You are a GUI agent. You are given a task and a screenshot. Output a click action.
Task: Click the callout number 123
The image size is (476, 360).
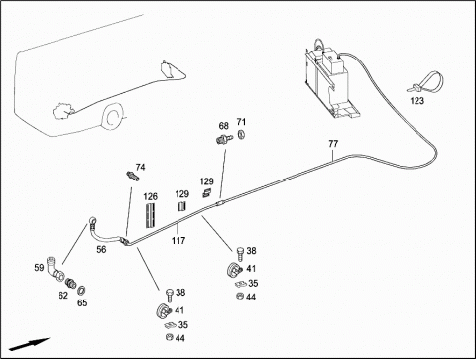pos(416,101)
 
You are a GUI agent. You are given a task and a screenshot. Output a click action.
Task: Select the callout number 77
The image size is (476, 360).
pos(333,144)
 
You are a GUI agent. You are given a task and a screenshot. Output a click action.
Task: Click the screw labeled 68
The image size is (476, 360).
pos(224,139)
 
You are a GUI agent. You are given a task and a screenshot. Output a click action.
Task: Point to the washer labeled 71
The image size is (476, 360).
pos(241,135)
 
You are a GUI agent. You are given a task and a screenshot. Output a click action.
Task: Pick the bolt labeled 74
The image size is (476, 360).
pos(132,176)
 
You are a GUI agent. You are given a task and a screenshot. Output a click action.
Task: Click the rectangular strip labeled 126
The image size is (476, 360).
pos(150,215)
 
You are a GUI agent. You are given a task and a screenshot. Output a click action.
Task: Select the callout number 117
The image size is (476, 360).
pos(178,240)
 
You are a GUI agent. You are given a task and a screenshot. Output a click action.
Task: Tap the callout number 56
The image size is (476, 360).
pos(101,249)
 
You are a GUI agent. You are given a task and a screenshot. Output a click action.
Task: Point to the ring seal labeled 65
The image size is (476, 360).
pos(81,291)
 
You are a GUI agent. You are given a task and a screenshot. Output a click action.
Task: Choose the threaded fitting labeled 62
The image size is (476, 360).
pos(71,283)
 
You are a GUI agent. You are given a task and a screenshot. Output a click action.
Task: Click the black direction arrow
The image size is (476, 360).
pos(29,344)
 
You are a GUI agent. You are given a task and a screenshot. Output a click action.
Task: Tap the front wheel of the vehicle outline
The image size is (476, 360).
pos(113,116)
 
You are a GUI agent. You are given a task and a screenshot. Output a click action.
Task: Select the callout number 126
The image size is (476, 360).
pos(151,197)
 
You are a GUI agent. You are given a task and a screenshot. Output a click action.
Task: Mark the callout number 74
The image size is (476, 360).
pos(140,168)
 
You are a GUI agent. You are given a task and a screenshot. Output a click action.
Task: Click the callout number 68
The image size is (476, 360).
pos(224,126)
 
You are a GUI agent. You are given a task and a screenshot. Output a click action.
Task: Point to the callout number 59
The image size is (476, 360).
pos(39,267)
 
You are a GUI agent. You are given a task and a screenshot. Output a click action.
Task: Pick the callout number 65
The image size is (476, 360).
pos(82,302)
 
